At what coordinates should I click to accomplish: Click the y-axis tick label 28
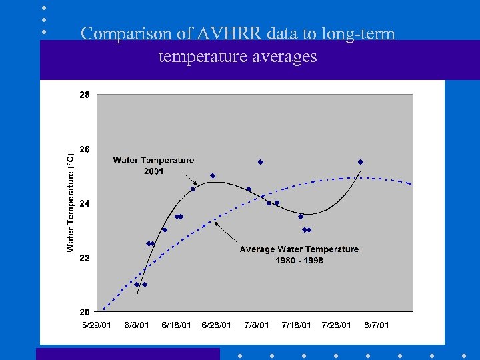coord(84,95)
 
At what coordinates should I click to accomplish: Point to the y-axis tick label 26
coord(84,149)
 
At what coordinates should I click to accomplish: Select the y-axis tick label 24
coord(84,203)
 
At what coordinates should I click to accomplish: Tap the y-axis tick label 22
coord(84,257)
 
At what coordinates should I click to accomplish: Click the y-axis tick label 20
coord(84,311)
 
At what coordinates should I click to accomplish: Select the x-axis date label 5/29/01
coord(97,325)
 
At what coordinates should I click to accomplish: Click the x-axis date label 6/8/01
coord(137,325)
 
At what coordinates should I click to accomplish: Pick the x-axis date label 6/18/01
coord(176,325)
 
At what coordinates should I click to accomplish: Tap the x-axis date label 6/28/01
coord(216,325)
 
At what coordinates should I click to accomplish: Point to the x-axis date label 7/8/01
coord(256,325)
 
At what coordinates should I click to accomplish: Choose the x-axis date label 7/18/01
coord(296,325)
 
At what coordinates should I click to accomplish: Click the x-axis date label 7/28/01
coord(336,325)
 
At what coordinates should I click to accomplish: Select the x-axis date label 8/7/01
coord(376,325)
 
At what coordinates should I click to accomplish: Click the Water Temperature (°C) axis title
coord(71,203)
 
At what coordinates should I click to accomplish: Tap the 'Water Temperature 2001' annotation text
coord(153,165)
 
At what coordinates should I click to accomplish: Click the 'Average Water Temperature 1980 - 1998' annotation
coord(299,255)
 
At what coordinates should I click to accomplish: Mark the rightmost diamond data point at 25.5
coord(360,162)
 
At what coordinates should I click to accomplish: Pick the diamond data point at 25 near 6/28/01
coord(213,176)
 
